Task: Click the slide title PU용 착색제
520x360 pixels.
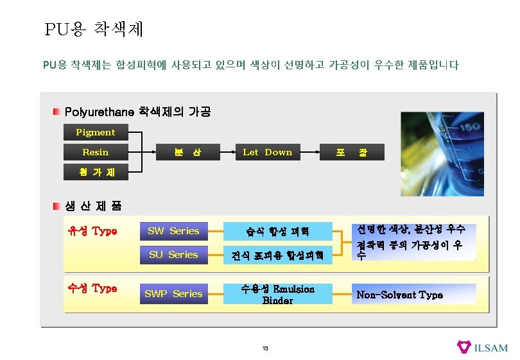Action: coord(94,29)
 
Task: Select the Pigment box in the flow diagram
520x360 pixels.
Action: coord(95,132)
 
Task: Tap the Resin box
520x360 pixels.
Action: coord(95,152)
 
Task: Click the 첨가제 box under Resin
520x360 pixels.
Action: coord(95,172)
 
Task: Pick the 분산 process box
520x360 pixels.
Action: coord(187,152)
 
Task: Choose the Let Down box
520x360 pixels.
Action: coord(267,152)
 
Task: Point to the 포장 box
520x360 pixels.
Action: coord(351,152)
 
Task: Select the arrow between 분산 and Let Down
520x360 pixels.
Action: coord(225,152)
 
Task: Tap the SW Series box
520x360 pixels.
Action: coord(173,231)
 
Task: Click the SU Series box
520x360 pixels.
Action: coord(173,255)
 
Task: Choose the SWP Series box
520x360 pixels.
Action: coord(173,294)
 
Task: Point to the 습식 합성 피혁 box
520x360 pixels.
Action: coord(277,231)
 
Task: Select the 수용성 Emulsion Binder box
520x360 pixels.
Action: coord(277,295)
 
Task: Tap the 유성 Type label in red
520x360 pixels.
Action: coord(92,231)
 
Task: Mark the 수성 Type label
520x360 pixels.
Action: coord(92,288)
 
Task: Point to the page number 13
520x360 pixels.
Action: coord(264,348)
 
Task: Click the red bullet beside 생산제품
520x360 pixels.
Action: coord(57,206)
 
